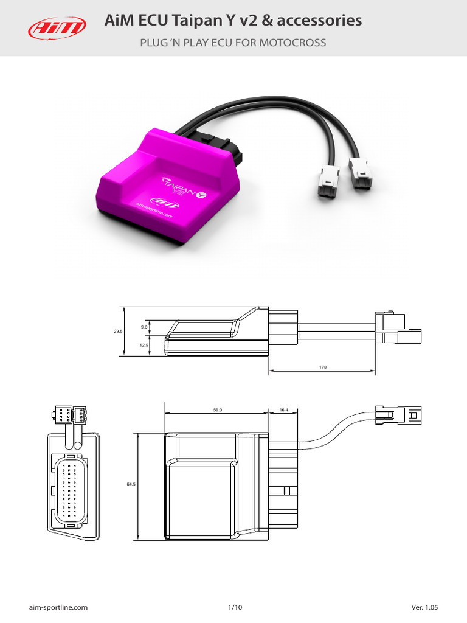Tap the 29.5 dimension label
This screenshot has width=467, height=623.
[118, 331]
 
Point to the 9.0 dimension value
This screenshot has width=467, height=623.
[144, 327]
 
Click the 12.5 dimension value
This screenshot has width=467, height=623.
[144, 345]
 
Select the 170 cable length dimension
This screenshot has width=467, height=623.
[322, 367]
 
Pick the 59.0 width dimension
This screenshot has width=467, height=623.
[217, 410]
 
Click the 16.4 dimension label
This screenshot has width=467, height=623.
[283, 410]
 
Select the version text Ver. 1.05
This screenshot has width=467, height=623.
[424, 607]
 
